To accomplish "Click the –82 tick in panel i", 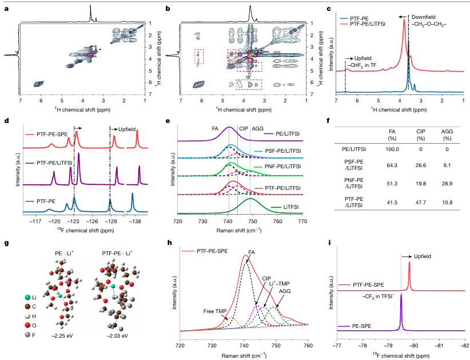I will tap(464, 345).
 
